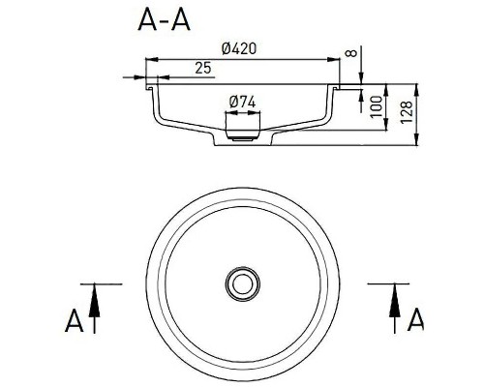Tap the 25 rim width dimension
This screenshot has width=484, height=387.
click(204, 67)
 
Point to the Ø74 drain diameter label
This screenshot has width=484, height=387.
click(242, 102)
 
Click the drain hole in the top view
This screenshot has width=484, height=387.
click(242, 283)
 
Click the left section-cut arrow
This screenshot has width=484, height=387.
click(94, 309)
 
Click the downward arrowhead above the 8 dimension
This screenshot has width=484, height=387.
click(361, 76)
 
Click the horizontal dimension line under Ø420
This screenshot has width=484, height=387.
click(242, 57)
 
